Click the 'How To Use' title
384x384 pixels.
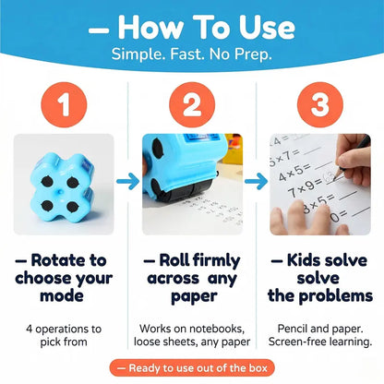[192, 27]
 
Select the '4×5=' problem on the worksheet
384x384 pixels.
[295, 170]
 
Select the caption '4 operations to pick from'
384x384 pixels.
[65, 334]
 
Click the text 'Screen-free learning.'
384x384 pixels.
[319, 342]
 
